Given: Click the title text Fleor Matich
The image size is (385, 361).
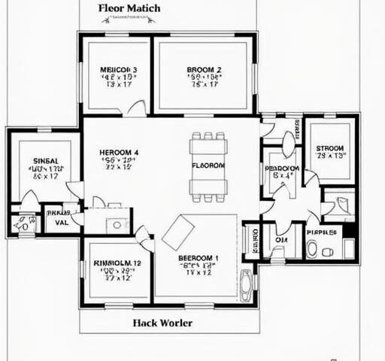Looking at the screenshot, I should (x=129, y=8).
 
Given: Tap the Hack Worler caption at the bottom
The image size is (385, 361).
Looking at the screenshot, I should (x=162, y=323).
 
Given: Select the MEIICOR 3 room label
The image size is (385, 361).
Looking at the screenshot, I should (x=118, y=70).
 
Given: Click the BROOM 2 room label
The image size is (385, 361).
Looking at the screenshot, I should (x=203, y=70).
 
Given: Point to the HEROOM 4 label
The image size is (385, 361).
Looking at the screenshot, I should (x=118, y=153).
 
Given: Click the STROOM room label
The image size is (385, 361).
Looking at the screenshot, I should (x=330, y=148).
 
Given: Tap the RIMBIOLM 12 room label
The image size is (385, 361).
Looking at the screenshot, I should (x=117, y=263).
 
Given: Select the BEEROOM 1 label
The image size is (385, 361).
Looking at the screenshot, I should (x=199, y=259).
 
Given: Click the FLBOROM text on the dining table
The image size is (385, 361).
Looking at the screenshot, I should (x=208, y=165).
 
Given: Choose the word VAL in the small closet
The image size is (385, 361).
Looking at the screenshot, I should (x=62, y=223).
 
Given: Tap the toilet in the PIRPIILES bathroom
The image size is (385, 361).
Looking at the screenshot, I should (x=312, y=248).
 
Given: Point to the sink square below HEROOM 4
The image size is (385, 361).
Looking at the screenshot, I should (x=117, y=224).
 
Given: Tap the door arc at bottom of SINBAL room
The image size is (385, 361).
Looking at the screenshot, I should (x=29, y=200).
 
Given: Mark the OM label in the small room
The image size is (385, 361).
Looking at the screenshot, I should (x=281, y=241).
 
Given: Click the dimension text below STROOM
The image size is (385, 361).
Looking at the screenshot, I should (x=331, y=156).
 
